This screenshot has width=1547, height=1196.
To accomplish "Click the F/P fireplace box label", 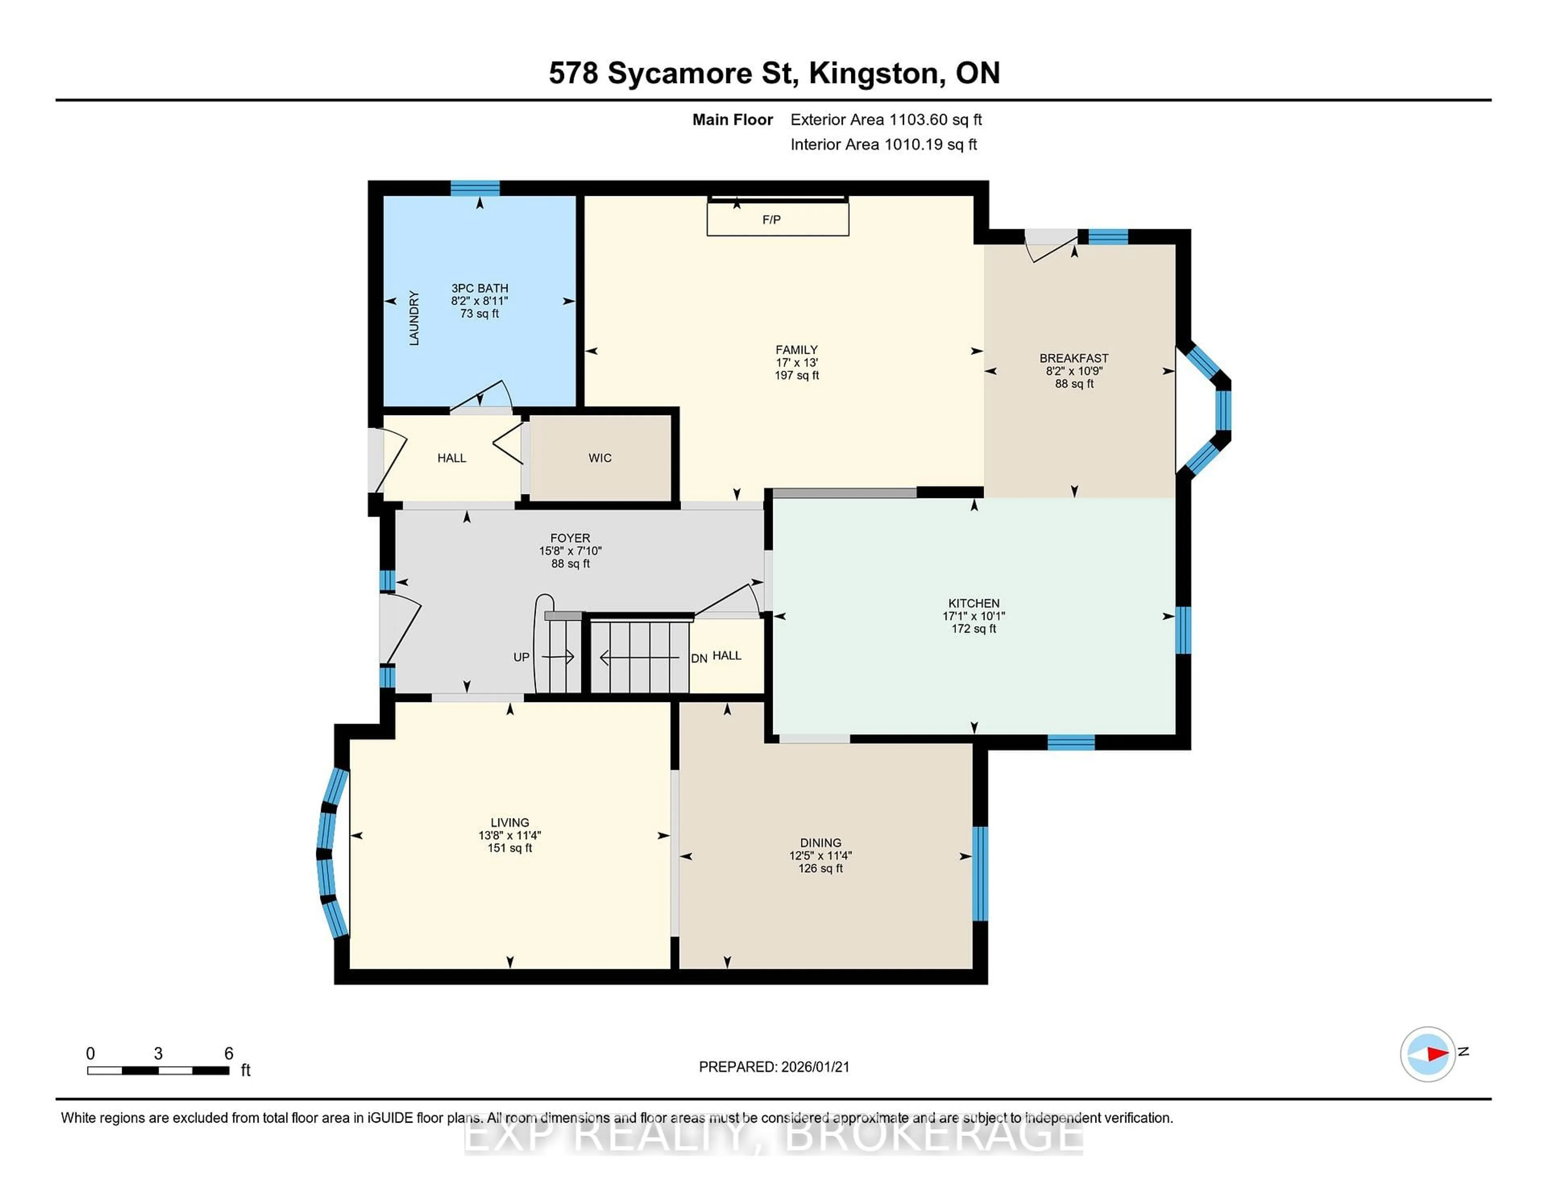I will coord(771,220).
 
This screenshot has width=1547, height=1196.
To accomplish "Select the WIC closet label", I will coord(600,458).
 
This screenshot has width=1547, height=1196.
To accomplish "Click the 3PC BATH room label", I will coord(479,289).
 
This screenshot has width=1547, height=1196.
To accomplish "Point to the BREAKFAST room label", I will coord(1074,359).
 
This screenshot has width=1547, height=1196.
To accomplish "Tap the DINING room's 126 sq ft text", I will coord(820,868).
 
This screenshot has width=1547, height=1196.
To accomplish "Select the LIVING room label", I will coord(509,822).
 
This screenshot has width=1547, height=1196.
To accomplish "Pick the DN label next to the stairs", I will coord(699,658).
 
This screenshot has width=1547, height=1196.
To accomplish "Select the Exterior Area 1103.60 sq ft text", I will coord(886,120).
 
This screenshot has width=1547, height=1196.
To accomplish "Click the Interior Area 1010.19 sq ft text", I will coord(883,145).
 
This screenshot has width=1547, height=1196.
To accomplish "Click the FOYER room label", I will coord(570,538).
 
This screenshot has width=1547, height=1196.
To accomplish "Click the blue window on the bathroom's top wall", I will coord(475,188).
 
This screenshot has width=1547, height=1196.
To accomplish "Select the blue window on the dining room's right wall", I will coord(980,873).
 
